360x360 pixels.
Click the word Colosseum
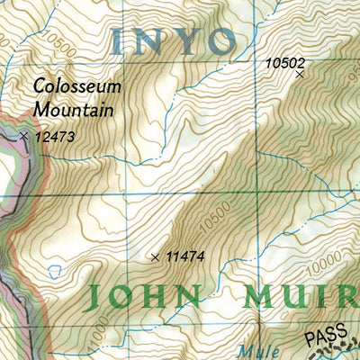(x=74, y=87)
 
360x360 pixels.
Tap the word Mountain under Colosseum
(x=74, y=110)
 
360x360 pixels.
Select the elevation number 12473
(x=53, y=138)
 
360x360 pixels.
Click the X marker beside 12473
(x=23, y=136)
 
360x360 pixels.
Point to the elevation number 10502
(x=286, y=62)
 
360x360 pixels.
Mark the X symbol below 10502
(x=300, y=75)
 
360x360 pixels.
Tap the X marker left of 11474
(x=156, y=257)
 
